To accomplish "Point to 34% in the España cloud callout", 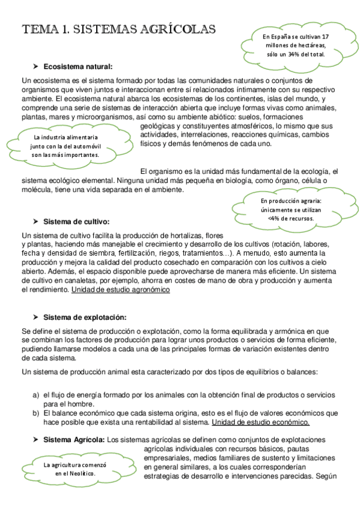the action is click(x=294, y=54).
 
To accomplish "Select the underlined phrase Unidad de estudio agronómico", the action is click(x=120, y=290).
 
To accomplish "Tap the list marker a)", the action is click(x=35, y=395).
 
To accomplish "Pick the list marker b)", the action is click(x=35, y=413).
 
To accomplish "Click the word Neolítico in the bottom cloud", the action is click(x=80, y=473).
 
